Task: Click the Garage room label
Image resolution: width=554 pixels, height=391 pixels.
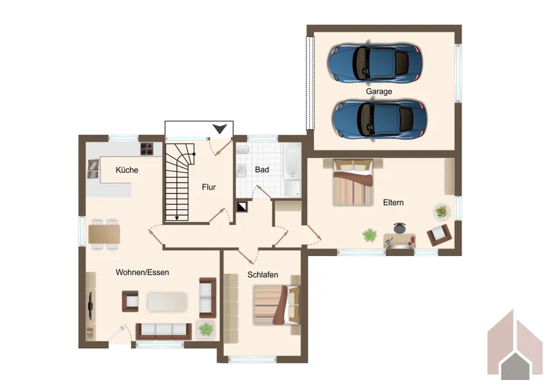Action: click(x=379, y=92)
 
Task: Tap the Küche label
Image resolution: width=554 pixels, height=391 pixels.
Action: click(x=127, y=170)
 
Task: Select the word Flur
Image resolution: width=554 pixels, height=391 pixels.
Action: click(x=209, y=187)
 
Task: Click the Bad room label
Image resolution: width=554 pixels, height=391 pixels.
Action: click(x=262, y=170)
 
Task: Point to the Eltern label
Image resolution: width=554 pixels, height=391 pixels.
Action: click(x=393, y=203)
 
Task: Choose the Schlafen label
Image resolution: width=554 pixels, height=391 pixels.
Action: click(x=263, y=275)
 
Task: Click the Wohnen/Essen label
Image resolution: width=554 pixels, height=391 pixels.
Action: click(x=142, y=272)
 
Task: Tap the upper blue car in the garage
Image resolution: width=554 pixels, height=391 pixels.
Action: click(x=375, y=63)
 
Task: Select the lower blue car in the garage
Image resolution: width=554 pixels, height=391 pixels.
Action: click(x=379, y=119)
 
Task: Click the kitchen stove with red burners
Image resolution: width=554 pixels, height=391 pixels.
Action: click(x=147, y=148)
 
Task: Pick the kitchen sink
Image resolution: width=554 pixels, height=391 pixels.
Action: click(x=93, y=169)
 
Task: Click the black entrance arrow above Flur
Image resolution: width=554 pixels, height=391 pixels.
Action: click(x=219, y=129)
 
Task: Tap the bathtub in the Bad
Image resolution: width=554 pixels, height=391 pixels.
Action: click(x=292, y=161)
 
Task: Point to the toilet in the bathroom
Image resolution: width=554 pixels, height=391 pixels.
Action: click(x=242, y=149)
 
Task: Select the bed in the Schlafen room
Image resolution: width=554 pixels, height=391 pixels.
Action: click(x=276, y=305)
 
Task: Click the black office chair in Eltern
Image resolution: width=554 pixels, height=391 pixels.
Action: click(x=399, y=228)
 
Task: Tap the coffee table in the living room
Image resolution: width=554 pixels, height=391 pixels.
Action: click(x=167, y=302)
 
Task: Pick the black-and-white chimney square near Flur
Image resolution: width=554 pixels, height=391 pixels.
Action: click(x=242, y=206)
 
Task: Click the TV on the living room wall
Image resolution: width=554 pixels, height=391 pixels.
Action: click(x=90, y=304)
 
